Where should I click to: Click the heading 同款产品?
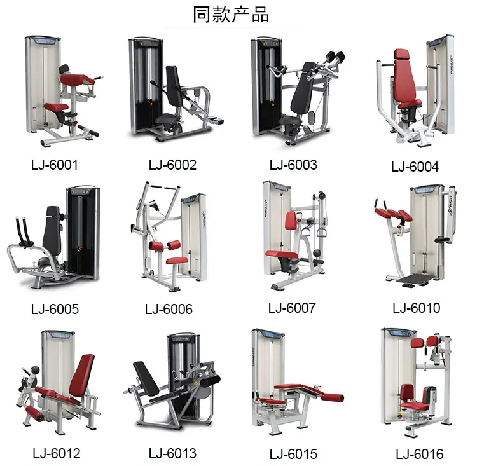[231, 14]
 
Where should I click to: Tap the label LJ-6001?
[55, 165]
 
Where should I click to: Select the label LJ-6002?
[172, 165]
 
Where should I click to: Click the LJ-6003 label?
[293, 165]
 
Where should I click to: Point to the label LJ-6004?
[415, 167]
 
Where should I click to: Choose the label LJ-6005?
[55, 309]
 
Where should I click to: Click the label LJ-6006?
[169, 309]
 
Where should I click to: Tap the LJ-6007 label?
[292, 308]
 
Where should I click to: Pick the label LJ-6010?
[417, 308]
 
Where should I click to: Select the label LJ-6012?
[57, 453]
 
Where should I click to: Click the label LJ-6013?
[172, 453]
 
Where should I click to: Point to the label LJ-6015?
[293, 454]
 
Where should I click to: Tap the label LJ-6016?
[420, 454]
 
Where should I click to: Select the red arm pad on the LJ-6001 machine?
[78, 79]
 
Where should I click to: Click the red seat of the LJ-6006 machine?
[177, 260]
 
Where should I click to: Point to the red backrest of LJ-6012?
[82, 375]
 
